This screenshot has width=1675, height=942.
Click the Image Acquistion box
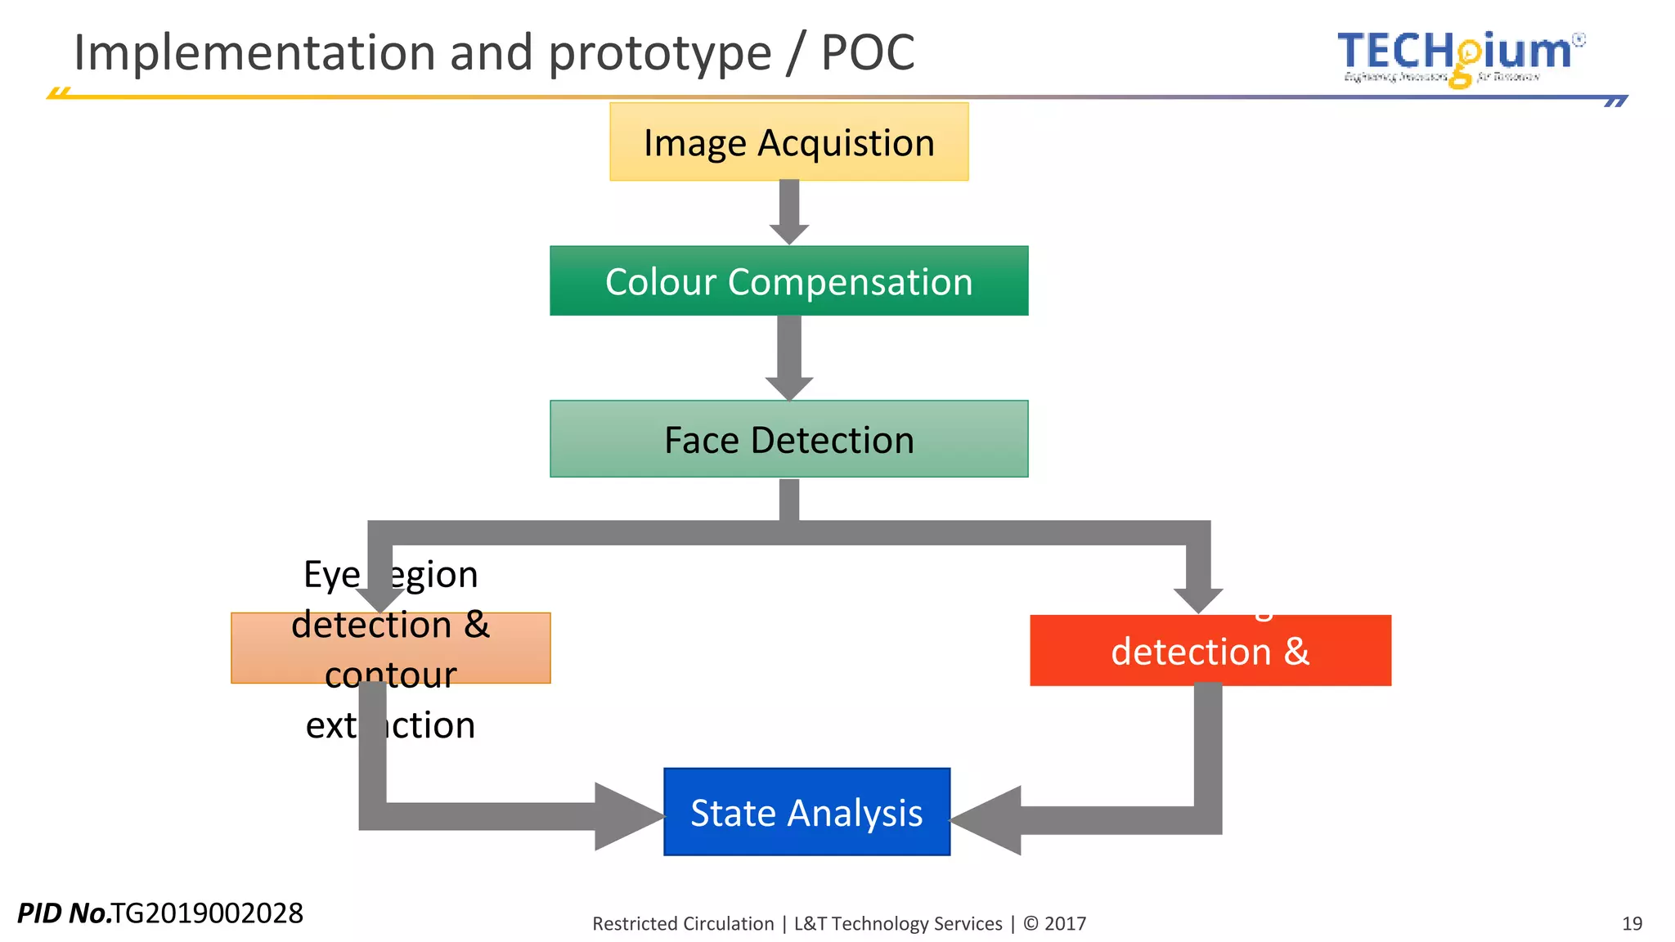[x=788, y=141]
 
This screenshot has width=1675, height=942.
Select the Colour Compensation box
[x=788, y=280]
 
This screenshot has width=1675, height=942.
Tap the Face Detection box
[x=788, y=439]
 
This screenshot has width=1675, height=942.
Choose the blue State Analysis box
[x=806, y=812]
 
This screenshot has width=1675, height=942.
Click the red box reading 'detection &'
[x=1210, y=652]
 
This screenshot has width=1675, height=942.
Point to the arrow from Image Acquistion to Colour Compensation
[x=789, y=211]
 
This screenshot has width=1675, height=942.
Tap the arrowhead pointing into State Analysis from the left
[x=628, y=816]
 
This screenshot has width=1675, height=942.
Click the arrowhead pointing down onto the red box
[x=1198, y=599]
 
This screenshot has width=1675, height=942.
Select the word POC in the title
[x=867, y=53]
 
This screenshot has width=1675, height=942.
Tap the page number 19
[x=1632, y=923]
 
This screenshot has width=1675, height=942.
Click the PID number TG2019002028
[x=207, y=913]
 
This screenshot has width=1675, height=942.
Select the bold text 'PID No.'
[x=64, y=913]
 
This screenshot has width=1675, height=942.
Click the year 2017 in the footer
[x=1065, y=924]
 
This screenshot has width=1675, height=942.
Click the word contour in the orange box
[x=390, y=675]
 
